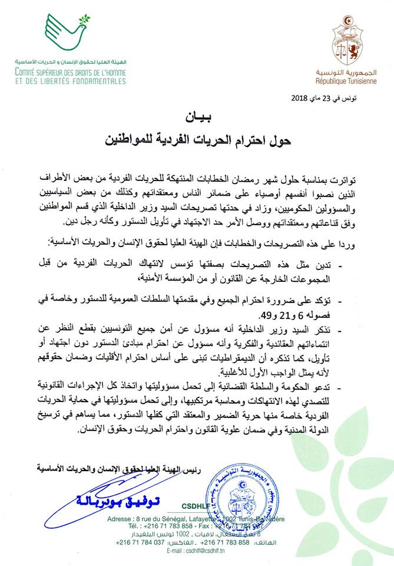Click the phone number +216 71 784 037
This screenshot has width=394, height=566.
pos(144,541)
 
